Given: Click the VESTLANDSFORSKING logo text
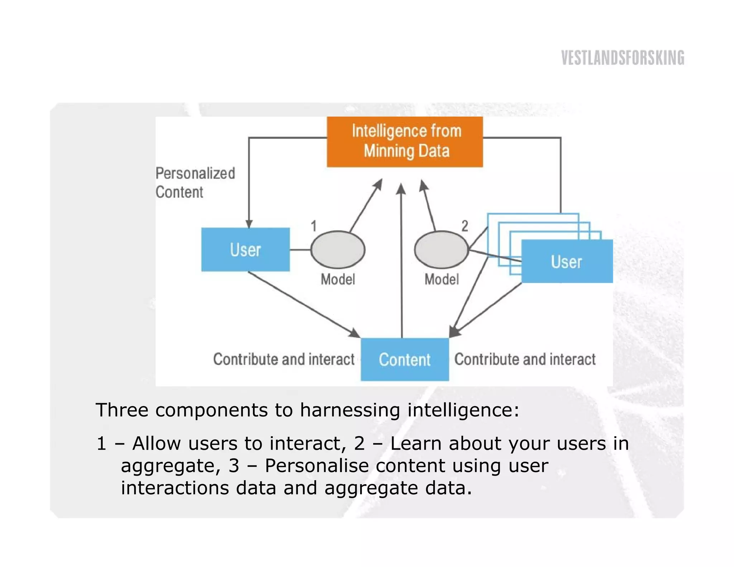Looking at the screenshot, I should pos(623,58).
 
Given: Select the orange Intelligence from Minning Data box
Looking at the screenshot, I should pos(405,142).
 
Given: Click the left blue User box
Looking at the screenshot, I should pos(246,249).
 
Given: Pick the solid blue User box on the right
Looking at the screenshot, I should pos(567,262).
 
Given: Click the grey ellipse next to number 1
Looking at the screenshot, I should pos(338,249).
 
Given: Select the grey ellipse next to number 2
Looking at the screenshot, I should pos(441,249).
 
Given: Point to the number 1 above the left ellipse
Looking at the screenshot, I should pos(314,226).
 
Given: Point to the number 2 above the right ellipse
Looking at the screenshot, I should pos(464,226).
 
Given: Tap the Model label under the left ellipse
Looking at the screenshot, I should pos(338,279).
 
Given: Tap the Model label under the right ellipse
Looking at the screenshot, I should pos(442,279).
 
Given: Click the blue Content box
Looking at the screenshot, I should pos(405,359).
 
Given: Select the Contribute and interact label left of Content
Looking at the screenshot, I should pos(283,359).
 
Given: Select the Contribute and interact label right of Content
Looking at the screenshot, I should pos(525,359).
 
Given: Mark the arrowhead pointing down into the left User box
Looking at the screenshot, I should pos(249,224).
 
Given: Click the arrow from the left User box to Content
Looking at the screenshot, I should pos(305,305).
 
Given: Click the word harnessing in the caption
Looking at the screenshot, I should pos(350,410).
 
